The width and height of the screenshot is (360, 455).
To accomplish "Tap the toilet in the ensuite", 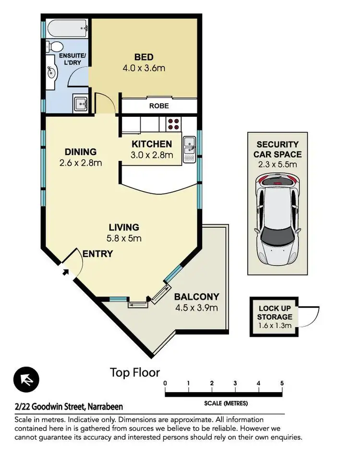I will (56, 47).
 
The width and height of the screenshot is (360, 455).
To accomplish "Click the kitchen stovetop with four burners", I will (174, 124).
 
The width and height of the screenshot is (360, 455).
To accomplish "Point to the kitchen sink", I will (189, 146).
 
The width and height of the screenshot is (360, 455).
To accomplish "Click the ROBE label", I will (159, 106).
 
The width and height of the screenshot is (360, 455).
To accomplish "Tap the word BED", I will (144, 58).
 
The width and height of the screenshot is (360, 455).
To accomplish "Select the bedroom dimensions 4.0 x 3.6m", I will (144, 68).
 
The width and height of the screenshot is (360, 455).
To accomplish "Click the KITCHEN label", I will (152, 144).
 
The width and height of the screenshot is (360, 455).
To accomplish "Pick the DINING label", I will (80, 152).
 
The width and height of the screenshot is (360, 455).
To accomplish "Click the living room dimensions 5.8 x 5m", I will (123, 238).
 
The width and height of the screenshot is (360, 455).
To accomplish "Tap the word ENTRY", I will (97, 254).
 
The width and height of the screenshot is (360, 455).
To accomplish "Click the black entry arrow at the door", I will (65, 272).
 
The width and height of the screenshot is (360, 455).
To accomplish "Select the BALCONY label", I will (196, 297).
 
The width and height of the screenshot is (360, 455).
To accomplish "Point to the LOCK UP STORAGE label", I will (275, 313).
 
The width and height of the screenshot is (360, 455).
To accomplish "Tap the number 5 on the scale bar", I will (282, 383).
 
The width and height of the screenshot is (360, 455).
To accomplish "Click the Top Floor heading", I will (135, 372).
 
